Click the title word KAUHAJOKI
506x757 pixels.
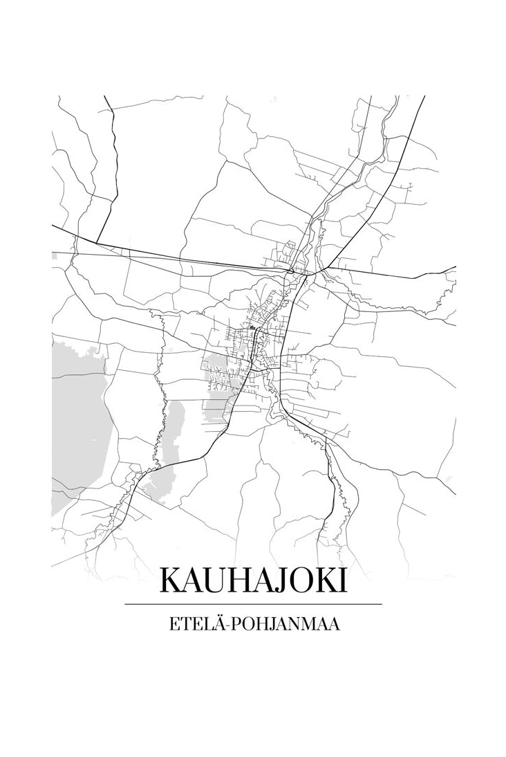253,581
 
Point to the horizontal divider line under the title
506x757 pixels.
253,604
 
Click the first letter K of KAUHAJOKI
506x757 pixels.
170,581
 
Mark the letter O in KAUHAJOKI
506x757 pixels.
299,581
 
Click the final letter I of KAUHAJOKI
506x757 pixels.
341,581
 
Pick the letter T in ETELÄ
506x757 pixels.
183,624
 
